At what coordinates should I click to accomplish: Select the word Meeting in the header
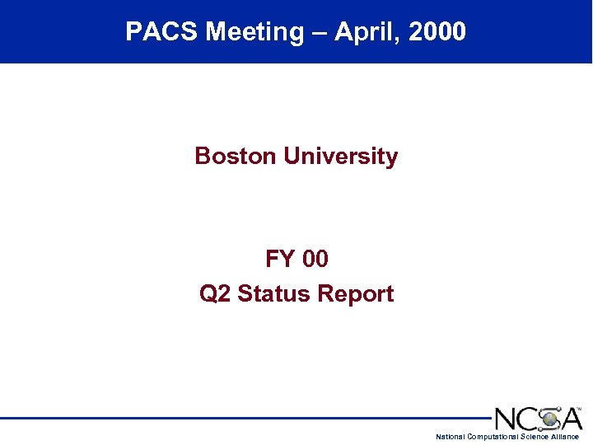click(254, 32)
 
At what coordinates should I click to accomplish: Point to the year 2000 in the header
click(437, 32)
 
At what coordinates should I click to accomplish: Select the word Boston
click(236, 156)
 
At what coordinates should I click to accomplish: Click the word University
click(340, 156)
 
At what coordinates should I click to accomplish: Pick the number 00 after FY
click(315, 260)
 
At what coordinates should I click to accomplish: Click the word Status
click(270, 294)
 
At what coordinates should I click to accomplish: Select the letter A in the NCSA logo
click(570, 419)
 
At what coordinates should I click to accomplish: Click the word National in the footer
click(450, 437)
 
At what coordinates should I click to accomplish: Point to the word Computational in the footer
click(493, 437)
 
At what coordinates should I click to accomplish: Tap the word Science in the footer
click(535, 437)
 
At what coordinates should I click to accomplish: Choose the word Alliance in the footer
click(566, 437)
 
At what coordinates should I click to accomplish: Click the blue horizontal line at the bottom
click(247, 419)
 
